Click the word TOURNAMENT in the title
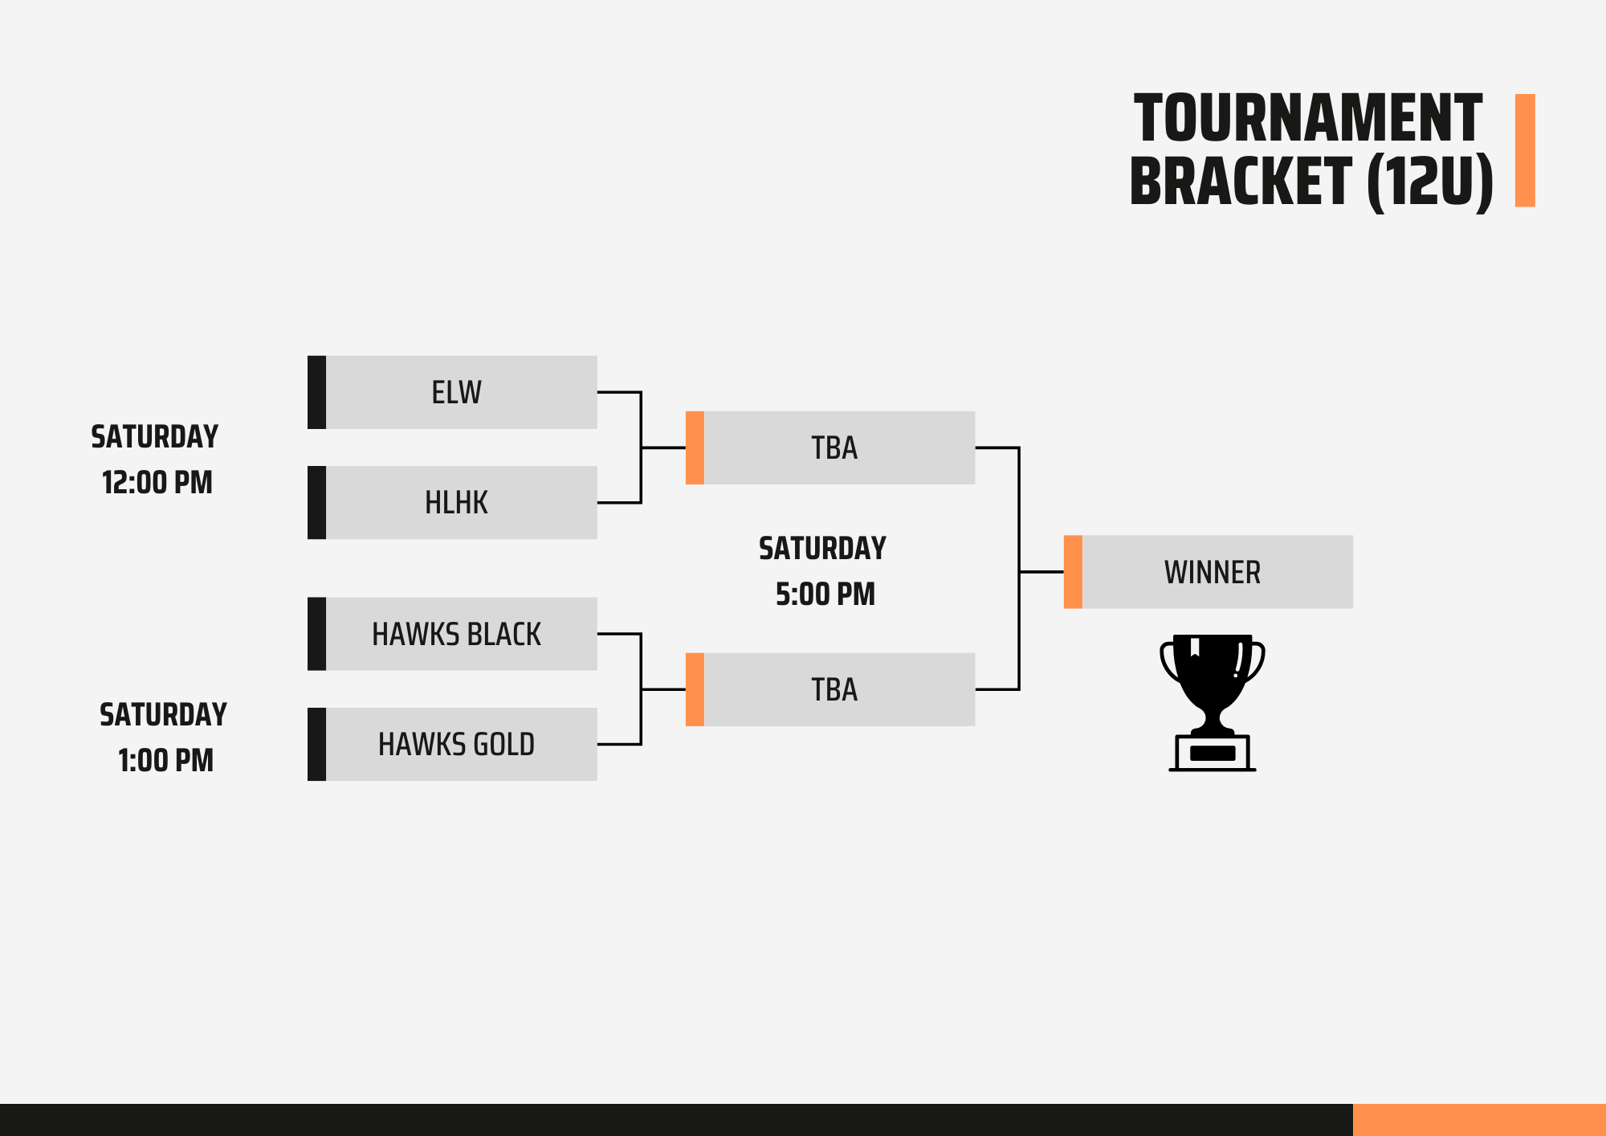(x=1307, y=119)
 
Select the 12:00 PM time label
(x=157, y=483)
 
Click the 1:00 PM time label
(x=165, y=760)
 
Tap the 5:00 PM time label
(x=825, y=595)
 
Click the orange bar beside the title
(x=1525, y=150)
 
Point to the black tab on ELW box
(x=316, y=392)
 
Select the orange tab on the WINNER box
(x=1073, y=572)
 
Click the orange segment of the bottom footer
(x=1479, y=1119)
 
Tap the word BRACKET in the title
(x=1241, y=182)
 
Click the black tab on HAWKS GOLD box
(x=316, y=744)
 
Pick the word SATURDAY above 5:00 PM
(x=822, y=549)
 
